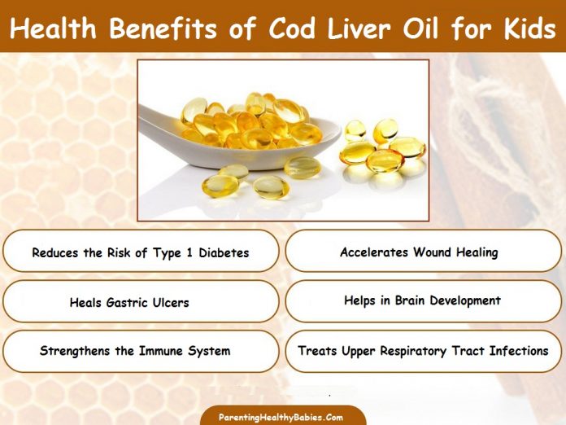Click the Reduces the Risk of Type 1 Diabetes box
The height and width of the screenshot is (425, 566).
pyautogui.click(x=141, y=252)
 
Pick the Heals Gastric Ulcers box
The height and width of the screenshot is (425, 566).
pyautogui.click(x=141, y=302)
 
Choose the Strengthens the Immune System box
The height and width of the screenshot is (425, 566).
pyautogui.click(x=141, y=351)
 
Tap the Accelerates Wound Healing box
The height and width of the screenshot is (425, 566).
pyautogui.click(x=424, y=252)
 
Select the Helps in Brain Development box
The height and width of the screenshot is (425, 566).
pyautogui.click(x=424, y=301)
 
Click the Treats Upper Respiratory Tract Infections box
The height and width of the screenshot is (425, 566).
pyautogui.click(x=424, y=351)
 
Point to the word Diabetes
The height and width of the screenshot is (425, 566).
pyautogui.click(x=221, y=252)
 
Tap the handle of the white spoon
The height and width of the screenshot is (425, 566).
pyautogui.click(x=171, y=139)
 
